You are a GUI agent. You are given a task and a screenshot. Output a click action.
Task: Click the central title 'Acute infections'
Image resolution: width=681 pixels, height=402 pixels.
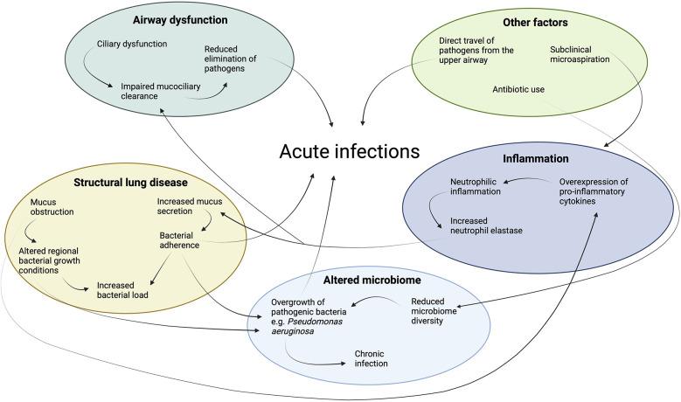[349, 152]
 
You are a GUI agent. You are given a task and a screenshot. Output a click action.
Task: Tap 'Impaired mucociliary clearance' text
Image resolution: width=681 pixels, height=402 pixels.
[163, 91]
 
